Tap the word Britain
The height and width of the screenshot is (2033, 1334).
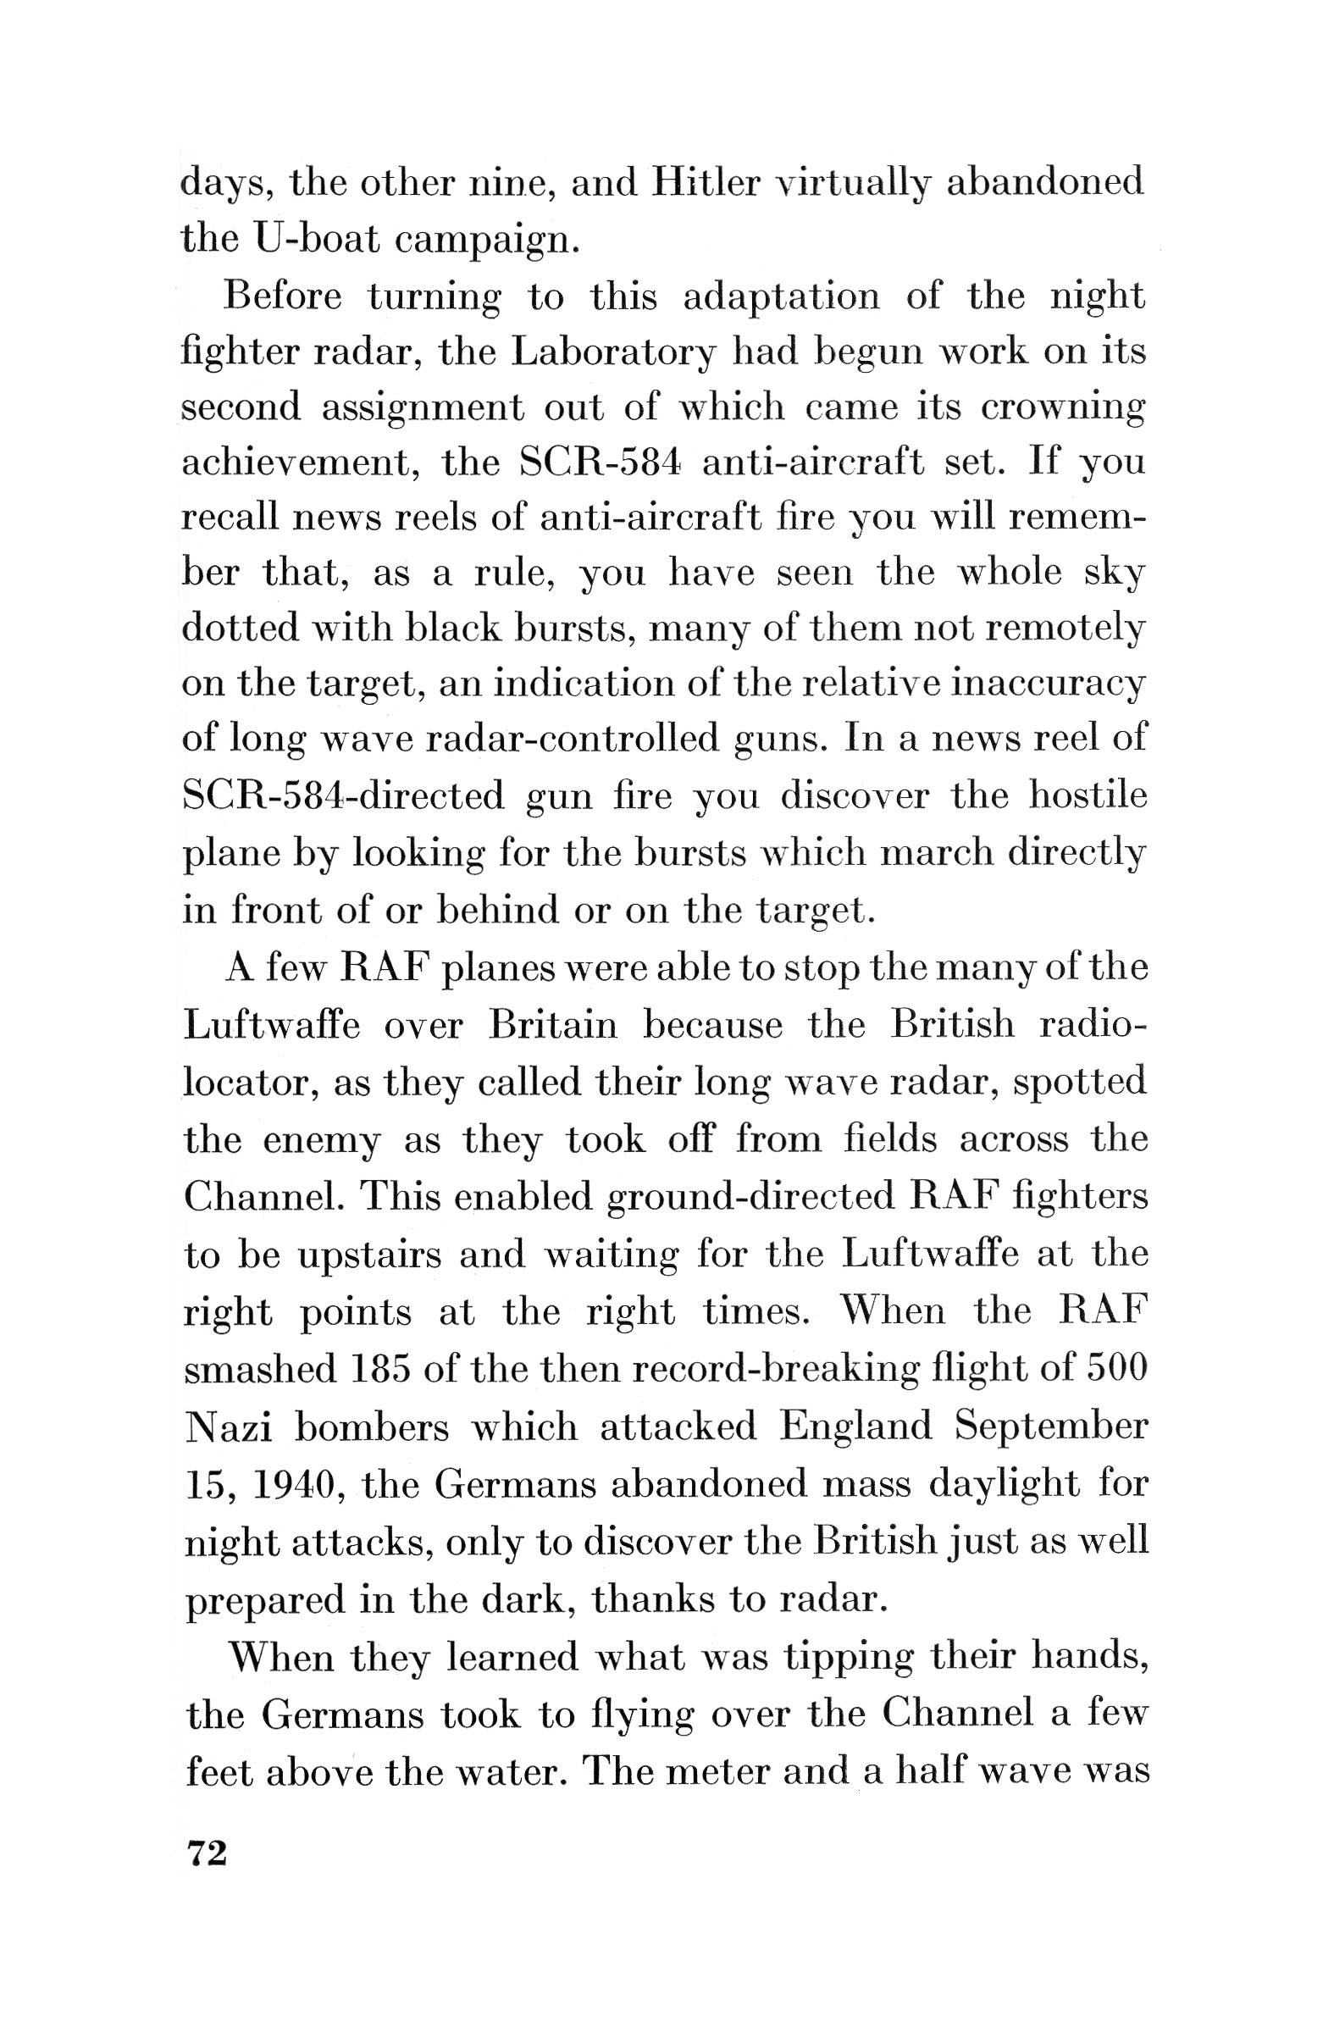(552, 1023)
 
